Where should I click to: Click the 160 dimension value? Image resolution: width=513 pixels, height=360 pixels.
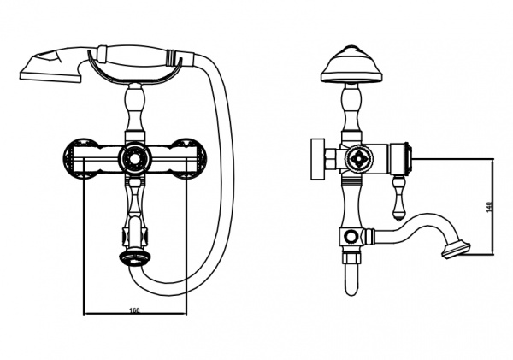(x=134, y=310)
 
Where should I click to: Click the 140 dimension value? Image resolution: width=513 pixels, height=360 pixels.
(x=489, y=207)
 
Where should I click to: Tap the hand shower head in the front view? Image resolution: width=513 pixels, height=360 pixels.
(x=50, y=66)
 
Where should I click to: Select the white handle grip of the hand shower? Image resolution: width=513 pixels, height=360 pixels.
(x=136, y=54)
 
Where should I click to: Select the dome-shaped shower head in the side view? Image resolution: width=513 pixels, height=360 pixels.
(x=351, y=64)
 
